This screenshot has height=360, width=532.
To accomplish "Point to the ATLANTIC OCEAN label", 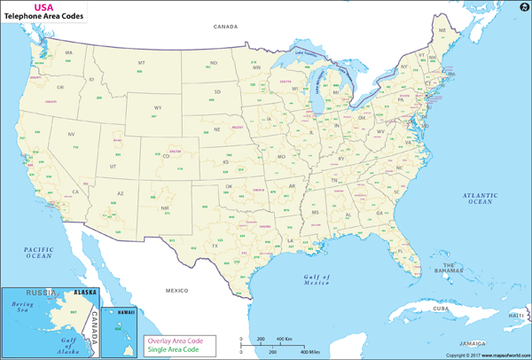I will tap(480, 198).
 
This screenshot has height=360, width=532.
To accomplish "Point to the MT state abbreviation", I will tap(141, 63).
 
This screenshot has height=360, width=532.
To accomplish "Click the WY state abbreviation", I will tap(158, 107).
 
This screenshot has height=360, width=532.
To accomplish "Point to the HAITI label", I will tap(516, 315).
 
